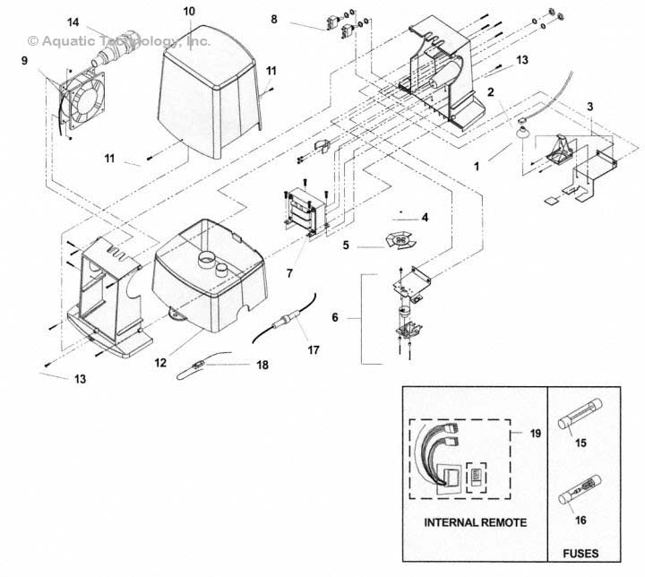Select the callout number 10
click(189, 11)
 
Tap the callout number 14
click(73, 22)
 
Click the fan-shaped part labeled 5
click(400, 241)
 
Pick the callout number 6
click(335, 317)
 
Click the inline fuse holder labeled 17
click(284, 319)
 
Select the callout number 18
click(262, 365)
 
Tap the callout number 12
click(160, 362)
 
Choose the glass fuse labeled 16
click(580, 490)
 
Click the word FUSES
click(580, 553)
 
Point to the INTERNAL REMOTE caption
click(475, 522)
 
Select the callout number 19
click(535, 434)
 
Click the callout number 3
click(589, 107)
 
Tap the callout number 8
click(274, 19)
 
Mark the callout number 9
click(24, 61)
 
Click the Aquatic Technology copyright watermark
click(119, 41)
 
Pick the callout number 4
click(425, 217)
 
